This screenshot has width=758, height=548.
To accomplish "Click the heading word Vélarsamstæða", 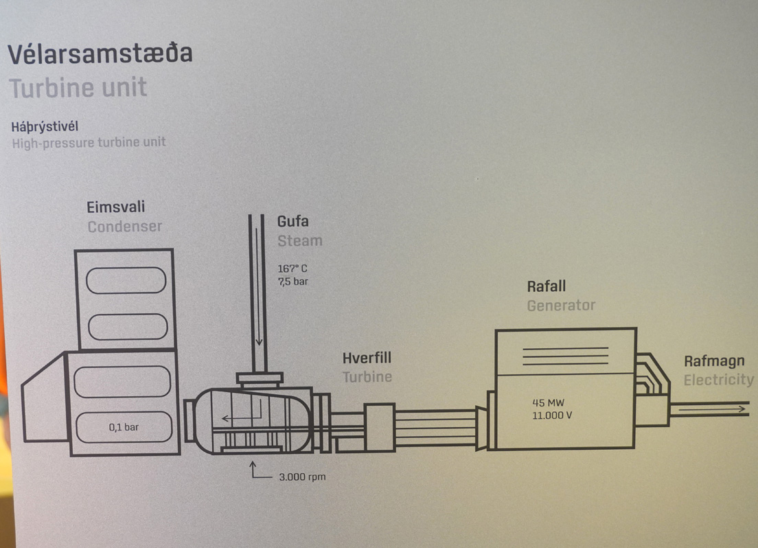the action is point(100,53).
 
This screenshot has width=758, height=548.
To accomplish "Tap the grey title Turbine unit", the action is point(78,88).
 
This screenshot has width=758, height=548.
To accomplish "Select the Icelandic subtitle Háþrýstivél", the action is point(45,127).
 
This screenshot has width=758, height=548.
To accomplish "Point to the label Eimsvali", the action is point(115,207).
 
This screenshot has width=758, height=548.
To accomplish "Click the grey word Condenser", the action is point(125,227).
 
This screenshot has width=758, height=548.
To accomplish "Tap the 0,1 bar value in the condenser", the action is point(124,427).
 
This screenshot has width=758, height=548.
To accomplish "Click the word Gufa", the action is point(293,221).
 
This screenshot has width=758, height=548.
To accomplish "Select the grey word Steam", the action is point(300,240).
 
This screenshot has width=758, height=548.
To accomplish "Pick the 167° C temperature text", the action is point(292,269).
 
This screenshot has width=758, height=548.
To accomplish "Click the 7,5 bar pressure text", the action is point(293,282).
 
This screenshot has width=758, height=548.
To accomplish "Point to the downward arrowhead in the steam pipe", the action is point(259,341).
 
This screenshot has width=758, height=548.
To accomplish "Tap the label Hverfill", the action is point(367,358).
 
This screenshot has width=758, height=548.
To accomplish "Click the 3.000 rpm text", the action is point(302,477).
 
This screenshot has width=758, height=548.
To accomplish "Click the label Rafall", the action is point(547,286).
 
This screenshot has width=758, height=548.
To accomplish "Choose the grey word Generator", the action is point(561,306).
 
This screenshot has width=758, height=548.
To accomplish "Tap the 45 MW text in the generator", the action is point(548,402).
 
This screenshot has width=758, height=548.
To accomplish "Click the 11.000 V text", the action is point(552,415).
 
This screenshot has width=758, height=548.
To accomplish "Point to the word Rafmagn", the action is point(714,362).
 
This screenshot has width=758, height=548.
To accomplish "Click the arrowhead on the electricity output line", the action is point(742,409).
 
